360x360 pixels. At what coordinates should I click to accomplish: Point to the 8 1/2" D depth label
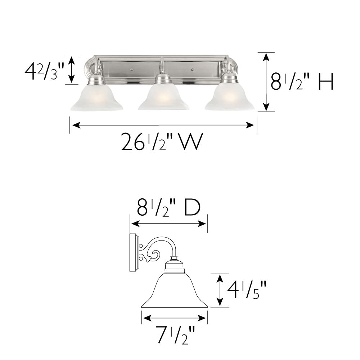pyautogui.click(x=168, y=208)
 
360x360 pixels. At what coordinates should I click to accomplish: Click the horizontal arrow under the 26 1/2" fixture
pyautogui.click(x=163, y=125)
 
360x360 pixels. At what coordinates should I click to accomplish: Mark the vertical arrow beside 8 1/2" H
pyautogui.click(x=266, y=82)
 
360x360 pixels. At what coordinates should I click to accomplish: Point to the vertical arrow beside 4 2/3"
pyautogui.click(x=71, y=70)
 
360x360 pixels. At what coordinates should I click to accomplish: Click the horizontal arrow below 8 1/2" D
pyautogui.click(x=168, y=224)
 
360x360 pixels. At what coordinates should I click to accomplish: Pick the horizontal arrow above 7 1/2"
pyautogui.click(x=174, y=318)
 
